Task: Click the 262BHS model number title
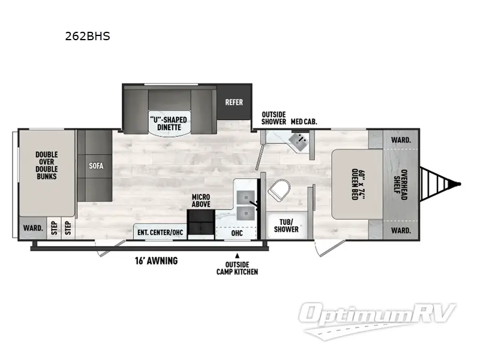pyautogui.click(x=87, y=36)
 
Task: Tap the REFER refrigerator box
pyautogui.click(x=234, y=102)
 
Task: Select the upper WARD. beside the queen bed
pyautogui.click(x=401, y=140)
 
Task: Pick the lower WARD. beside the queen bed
pyautogui.click(x=401, y=230)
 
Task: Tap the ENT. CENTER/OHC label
pyautogui.click(x=160, y=232)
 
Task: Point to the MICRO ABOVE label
pyautogui.click(x=200, y=201)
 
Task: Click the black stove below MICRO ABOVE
pyautogui.click(x=200, y=229)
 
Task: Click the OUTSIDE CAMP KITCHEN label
pyautogui.click(x=238, y=268)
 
